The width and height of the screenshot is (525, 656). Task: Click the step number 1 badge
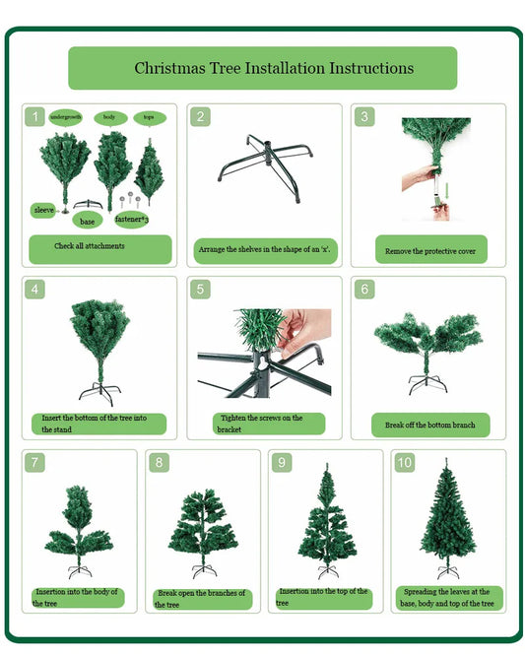click(34, 117)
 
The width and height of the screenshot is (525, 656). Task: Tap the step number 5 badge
click(200, 289)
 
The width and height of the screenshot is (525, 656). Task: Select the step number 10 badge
click(405, 462)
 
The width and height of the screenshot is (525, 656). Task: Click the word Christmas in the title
click(169, 68)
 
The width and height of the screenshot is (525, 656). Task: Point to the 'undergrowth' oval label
click(66, 117)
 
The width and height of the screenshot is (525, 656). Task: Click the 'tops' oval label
click(150, 117)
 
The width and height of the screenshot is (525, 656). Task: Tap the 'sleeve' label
click(43, 210)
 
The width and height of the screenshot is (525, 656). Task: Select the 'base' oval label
click(87, 221)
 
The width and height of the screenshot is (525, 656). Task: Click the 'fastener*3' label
click(131, 220)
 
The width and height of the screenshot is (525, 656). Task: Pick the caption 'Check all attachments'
click(90, 246)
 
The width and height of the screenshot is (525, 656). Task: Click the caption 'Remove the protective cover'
click(430, 251)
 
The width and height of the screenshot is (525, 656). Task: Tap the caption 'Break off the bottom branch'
click(430, 426)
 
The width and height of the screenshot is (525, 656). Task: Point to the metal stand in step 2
click(265, 167)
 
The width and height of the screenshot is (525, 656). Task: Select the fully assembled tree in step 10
click(447, 518)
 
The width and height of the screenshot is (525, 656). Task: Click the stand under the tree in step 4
click(100, 394)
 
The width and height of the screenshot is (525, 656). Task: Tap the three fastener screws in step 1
click(130, 200)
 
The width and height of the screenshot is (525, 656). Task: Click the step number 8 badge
click(159, 462)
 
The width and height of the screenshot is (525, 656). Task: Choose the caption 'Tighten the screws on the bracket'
click(259, 424)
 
